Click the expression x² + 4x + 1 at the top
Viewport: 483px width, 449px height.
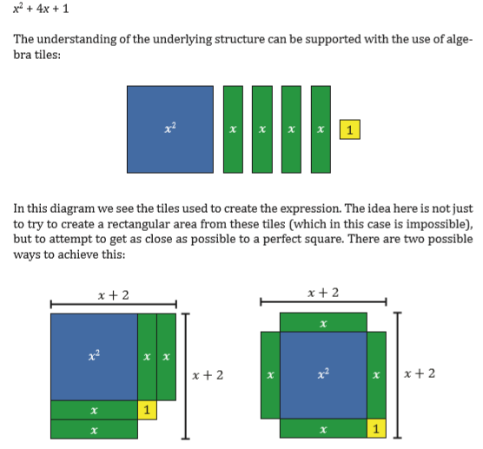41,9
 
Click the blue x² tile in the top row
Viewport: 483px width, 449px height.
170,129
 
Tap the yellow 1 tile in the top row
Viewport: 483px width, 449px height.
350,129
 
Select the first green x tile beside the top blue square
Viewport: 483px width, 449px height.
233,129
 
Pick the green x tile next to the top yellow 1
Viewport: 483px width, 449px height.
321,129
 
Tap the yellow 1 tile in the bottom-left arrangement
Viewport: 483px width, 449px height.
147,410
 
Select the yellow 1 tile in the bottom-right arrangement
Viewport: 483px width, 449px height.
376,428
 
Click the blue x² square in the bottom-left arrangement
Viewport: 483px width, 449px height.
94,357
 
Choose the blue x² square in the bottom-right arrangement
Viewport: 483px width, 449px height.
323,375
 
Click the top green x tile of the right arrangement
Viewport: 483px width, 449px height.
323,322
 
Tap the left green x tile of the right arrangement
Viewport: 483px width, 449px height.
270,375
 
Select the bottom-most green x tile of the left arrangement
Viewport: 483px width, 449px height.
94,429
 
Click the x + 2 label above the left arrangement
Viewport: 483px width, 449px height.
113,295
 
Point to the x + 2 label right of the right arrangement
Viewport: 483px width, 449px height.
420,373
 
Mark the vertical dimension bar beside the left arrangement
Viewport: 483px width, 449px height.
185,376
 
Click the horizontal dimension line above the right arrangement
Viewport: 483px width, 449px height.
323,302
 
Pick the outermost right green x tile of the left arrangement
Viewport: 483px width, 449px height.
166,357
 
